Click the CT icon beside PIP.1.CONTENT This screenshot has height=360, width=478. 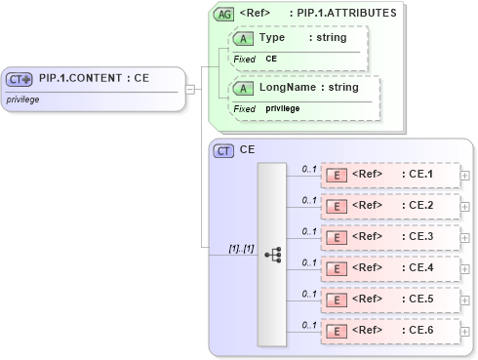click(20, 80)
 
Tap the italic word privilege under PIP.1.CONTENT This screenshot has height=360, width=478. click(23, 100)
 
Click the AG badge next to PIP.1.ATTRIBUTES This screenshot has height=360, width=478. click(223, 14)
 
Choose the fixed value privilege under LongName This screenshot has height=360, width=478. click(283, 108)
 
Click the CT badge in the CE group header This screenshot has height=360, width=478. click(223, 150)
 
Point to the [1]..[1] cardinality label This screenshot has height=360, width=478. click(241, 249)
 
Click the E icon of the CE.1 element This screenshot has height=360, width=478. click(336, 176)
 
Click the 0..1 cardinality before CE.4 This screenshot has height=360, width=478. click(309, 262)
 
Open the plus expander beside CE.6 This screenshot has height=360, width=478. click(464, 332)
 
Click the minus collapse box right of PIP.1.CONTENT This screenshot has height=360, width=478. click(190, 90)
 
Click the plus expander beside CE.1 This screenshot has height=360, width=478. click(464, 176)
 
